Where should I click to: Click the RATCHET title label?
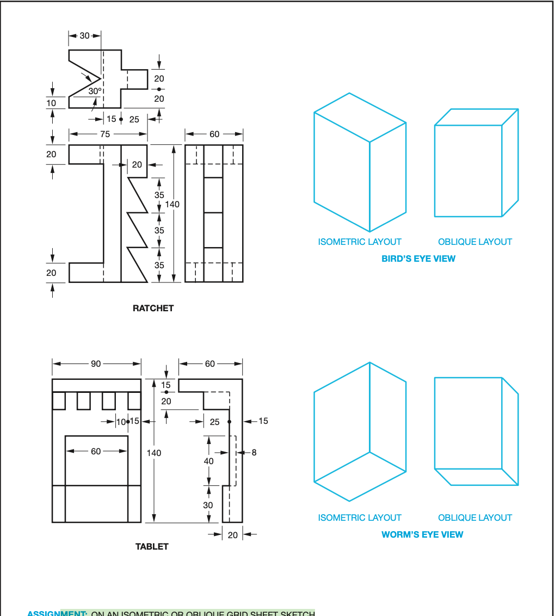(153, 308)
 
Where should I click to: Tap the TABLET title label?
(152, 546)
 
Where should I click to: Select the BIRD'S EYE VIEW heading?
(418, 258)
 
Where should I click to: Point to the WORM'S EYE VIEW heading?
(422, 534)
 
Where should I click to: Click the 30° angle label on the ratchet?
(95, 91)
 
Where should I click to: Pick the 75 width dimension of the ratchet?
(104, 134)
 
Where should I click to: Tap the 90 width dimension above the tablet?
(96, 364)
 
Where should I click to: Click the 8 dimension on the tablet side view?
(254, 452)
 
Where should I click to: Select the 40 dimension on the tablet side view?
(208, 461)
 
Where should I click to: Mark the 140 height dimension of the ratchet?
(172, 205)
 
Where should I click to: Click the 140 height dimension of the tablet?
(154, 453)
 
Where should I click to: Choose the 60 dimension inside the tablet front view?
(96, 451)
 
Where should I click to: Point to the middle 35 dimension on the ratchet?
(159, 230)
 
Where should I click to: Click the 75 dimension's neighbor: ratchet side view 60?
(214, 134)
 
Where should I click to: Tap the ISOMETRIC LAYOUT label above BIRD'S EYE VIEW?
(360, 242)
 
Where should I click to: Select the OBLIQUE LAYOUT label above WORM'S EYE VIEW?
(475, 518)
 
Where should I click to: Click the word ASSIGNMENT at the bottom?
(57, 613)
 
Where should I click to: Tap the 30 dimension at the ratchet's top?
(84, 35)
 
